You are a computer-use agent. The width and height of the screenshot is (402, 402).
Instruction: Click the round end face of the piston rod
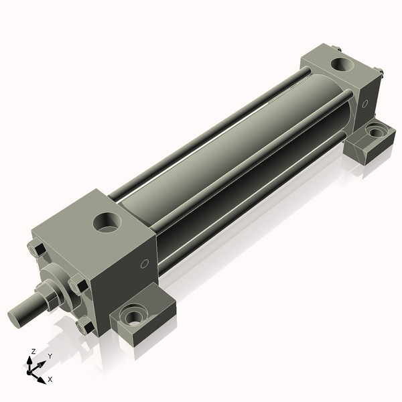tap(17, 316)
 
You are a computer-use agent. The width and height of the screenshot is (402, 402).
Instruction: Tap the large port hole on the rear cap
tap(342, 65)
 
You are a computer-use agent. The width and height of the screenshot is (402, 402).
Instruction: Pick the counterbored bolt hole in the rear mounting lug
tap(377, 132)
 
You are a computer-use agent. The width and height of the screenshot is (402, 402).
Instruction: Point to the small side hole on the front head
tap(144, 264)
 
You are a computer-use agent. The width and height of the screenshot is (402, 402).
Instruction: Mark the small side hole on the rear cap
tap(365, 104)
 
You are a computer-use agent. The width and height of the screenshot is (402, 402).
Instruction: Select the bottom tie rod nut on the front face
tap(86, 326)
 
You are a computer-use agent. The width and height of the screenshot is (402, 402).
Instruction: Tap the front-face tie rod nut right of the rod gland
tap(79, 285)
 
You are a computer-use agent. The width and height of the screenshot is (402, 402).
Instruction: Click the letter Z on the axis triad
tap(33, 351)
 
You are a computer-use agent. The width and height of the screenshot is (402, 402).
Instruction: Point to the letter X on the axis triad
tap(50, 379)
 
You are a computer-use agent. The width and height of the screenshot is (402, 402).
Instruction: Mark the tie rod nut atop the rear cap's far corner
tap(336, 48)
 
